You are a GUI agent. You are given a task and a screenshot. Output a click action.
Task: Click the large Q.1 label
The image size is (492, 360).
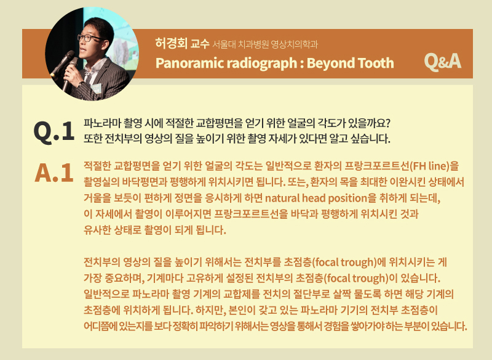[x=54, y=131]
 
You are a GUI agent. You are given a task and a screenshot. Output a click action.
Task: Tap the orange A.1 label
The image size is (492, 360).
[x=54, y=173]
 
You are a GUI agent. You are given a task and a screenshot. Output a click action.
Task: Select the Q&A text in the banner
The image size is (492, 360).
[x=442, y=62]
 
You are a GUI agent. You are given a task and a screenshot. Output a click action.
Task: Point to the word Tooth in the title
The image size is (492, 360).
[x=375, y=63]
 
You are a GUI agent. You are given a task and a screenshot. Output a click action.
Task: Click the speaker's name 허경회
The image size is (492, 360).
[x=172, y=43]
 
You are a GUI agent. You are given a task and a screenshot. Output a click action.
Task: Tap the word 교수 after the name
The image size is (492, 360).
[x=200, y=44]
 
